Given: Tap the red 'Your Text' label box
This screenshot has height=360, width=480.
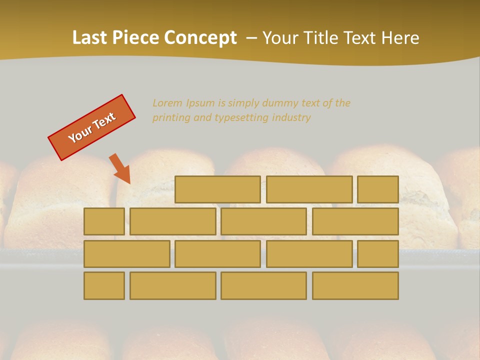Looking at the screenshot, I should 92,127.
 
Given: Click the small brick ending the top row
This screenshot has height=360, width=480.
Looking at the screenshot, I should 377,189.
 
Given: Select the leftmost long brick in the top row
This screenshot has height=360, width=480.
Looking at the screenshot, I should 217,189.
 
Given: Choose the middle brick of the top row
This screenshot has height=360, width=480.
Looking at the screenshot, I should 309,189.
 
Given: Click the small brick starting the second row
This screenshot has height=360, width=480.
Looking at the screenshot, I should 104,221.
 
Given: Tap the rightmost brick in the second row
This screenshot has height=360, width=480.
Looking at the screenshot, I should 355,221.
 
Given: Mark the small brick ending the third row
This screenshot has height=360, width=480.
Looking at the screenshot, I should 377,253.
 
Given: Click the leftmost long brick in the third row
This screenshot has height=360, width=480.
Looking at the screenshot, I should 126,253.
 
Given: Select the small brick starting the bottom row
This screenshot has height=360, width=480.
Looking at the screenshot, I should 104,285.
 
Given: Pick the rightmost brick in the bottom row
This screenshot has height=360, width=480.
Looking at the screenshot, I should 355,285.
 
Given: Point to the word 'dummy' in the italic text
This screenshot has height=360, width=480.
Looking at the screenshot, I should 278,103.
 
